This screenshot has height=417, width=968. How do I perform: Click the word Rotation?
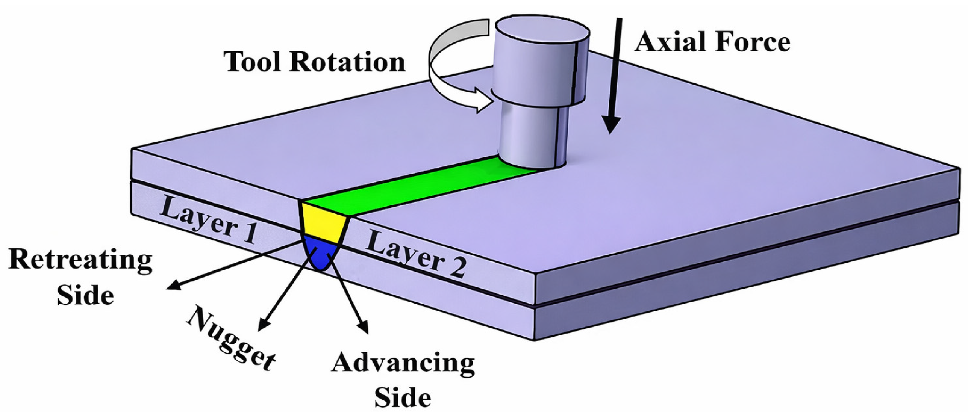[x=348, y=62]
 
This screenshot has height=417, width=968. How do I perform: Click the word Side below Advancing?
[x=403, y=398]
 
